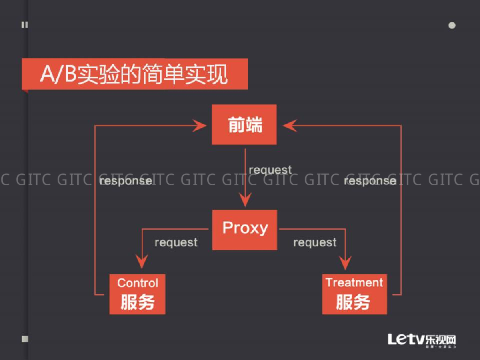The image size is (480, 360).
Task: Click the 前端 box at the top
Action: [x=244, y=125]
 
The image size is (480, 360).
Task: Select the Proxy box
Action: [x=244, y=229]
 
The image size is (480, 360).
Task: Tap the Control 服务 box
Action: [x=137, y=294]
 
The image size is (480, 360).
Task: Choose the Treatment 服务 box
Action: [x=354, y=294]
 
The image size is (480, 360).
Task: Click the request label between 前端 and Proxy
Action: [x=270, y=169]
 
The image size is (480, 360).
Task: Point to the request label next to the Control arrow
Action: [x=176, y=242]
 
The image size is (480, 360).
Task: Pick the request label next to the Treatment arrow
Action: [x=315, y=242]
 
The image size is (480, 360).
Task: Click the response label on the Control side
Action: [x=126, y=180]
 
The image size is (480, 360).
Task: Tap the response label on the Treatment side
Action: [x=370, y=180]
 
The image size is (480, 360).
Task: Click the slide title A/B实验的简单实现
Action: [x=134, y=74]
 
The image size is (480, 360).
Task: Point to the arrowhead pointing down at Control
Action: [x=142, y=261]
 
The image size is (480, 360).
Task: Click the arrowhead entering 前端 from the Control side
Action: [x=201, y=125]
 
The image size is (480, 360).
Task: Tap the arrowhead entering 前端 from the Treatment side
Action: [x=289, y=125]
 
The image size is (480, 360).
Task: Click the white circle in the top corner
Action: [x=452, y=25]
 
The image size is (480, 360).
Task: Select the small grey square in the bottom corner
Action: [x=25, y=338]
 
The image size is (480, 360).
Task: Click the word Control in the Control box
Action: [x=137, y=283]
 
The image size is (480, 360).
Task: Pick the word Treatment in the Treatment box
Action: [x=354, y=282]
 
